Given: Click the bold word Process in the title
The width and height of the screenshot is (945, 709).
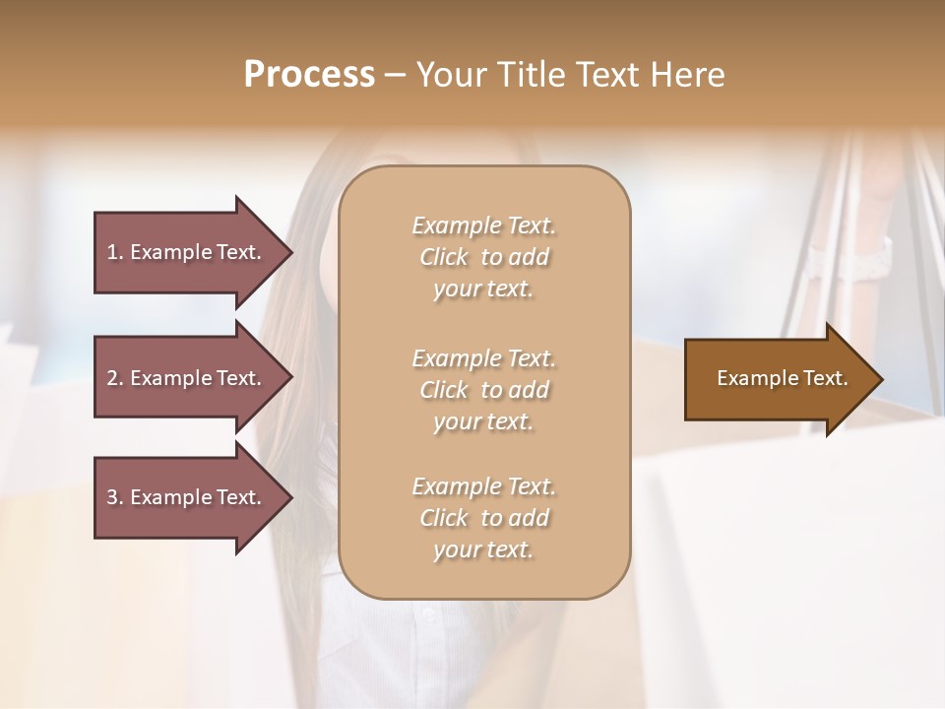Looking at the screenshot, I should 309,75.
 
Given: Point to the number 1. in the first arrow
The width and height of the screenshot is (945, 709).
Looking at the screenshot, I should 115,252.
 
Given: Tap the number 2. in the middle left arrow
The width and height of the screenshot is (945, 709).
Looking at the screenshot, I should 115,378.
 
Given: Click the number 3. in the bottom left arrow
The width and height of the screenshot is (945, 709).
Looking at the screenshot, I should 115,497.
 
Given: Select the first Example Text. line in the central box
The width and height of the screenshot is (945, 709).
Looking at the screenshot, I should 483,226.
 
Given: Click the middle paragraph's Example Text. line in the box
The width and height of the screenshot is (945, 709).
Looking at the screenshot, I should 483,358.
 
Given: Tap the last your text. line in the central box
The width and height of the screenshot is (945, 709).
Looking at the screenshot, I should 483,549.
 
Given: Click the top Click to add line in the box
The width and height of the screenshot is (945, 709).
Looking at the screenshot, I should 483,257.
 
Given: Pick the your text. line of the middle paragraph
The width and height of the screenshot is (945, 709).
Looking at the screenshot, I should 483,421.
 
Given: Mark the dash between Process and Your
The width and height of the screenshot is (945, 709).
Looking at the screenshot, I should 395,75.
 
